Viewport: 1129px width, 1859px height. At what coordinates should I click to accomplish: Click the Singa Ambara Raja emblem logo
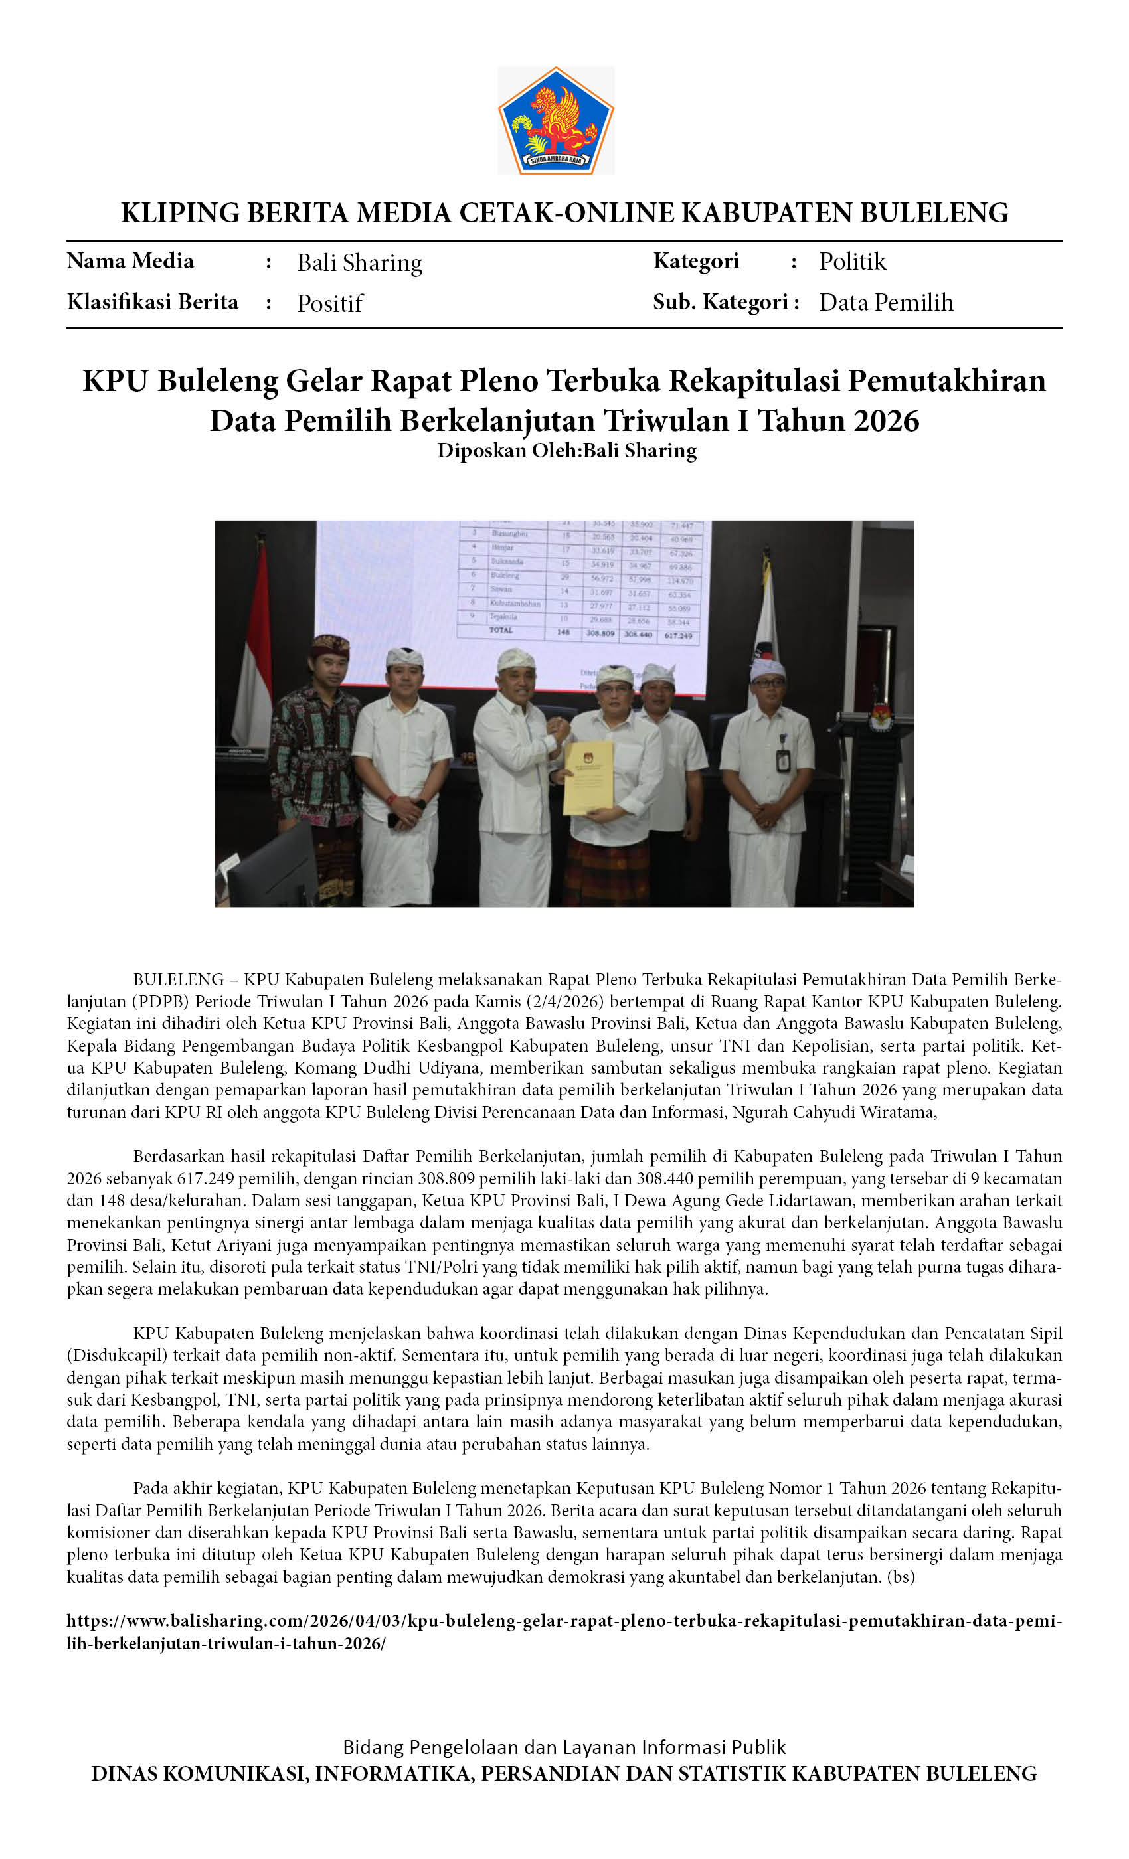[555, 121]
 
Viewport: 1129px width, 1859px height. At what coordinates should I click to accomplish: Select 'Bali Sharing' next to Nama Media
[359, 262]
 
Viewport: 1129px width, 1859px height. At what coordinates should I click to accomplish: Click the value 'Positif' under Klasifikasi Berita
[330, 303]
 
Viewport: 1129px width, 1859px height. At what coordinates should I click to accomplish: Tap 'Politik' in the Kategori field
[852, 261]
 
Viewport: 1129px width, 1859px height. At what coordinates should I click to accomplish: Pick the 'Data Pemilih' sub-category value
[886, 303]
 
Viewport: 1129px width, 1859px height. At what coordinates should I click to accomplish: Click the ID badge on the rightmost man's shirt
[782, 760]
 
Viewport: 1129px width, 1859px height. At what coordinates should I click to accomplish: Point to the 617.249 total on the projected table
[677, 635]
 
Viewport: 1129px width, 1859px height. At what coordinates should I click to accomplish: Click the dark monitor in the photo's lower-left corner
[272, 868]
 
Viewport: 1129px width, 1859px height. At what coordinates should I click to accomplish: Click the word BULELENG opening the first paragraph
[178, 980]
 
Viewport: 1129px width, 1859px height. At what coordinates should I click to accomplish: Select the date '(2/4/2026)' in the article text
[564, 1002]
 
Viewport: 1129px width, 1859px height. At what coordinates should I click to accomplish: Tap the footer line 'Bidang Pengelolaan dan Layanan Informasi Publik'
[564, 1747]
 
